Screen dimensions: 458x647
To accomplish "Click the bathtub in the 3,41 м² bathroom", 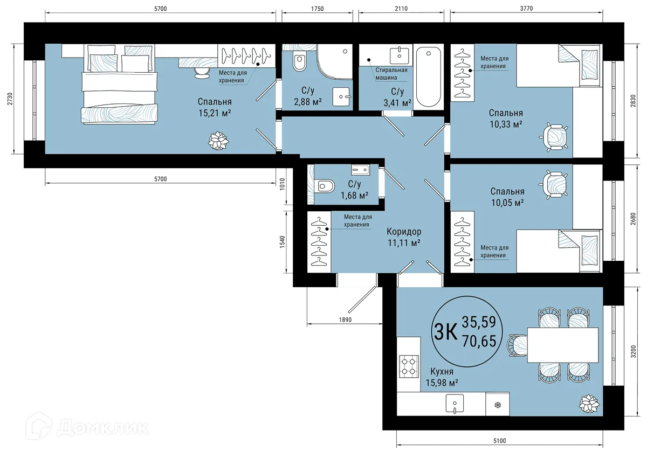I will pyautogui.click(x=429, y=76).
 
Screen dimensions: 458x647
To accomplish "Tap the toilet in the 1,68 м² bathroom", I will pyautogui.click(x=324, y=186).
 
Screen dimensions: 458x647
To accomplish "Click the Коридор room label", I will pyautogui.click(x=404, y=232).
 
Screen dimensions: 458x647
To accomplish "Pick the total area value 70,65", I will pyautogui.click(x=483, y=341).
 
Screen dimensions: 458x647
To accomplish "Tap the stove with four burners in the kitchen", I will pyautogui.click(x=408, y=366).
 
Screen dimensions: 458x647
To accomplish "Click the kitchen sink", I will pyautogui.click(x=455, y=403).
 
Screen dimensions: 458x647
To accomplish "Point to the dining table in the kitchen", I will pyautogui.click(x=563, y=345).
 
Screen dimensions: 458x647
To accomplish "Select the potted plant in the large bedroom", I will pyautogui.click(x=218, y=142).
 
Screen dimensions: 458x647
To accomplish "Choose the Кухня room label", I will pyautogui.click(x=442, y=372).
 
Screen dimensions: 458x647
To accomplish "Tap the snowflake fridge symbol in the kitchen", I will pyautogui.click(x=497, y=404).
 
